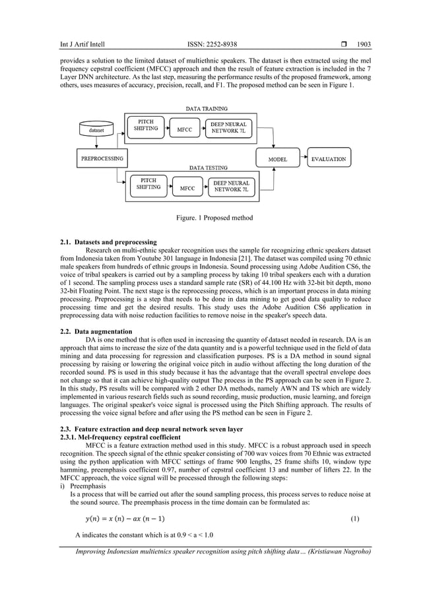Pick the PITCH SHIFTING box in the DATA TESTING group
click(x=148, y=183)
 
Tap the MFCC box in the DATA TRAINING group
click(x=184, y=130)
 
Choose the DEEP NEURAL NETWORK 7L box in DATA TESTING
click(x=231, y=187)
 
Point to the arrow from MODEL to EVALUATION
click(x=303, y=159)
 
